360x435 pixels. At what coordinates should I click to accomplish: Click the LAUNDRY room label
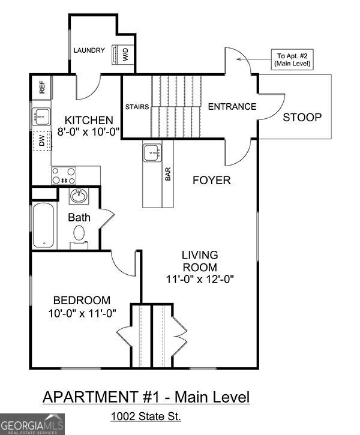click(x=89, y=50)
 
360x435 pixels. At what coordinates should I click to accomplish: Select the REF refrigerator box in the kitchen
click(x=42, y=88)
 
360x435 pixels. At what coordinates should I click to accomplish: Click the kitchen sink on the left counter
click(x=41, y=115)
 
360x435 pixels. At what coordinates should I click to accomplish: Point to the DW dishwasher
click(x=41, y=142)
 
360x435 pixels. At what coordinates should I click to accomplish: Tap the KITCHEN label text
click(x=89, y=119)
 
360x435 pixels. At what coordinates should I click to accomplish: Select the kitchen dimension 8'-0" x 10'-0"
click(x=89, y=131)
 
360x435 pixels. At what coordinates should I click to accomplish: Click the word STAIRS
click(x=137, y=107)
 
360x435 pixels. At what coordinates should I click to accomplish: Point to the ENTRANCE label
click(x=232, y=107)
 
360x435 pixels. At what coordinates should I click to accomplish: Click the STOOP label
click(x=302, y=117)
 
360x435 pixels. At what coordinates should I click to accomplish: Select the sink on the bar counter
click(x=152, y=153)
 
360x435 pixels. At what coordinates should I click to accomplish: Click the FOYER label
click(x=211, y=180)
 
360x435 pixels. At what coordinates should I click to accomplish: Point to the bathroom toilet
click(x=79, y=239)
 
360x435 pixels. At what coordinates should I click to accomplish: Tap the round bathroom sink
click(x=77, y=196)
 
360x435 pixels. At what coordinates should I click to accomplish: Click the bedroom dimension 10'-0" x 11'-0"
click(x=82, y=312)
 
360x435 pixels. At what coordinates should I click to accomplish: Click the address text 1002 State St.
click(x=145, y=416)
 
